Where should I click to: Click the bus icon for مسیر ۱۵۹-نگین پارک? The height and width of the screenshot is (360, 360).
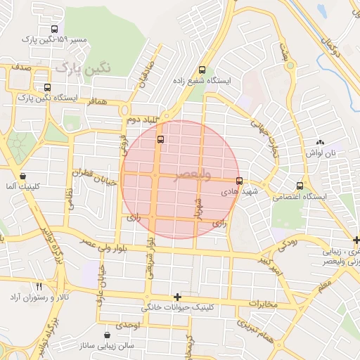point(55,30)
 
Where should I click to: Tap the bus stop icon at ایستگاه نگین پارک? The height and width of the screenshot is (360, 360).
point(47,88)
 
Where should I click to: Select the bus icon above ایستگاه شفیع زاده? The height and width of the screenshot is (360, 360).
point(202,70)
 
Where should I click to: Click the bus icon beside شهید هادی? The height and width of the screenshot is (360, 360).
point(240,180)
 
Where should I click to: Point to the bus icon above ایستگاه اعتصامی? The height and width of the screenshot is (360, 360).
point(300,186)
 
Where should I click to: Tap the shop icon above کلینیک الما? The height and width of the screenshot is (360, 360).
point(23,176)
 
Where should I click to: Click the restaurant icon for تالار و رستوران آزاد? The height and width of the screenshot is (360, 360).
point(39,286)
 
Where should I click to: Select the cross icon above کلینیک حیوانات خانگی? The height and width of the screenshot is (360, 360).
point(177,297)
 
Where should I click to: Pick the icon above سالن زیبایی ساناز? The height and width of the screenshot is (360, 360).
point(106,335)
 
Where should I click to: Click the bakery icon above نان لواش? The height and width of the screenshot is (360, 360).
point(320,142)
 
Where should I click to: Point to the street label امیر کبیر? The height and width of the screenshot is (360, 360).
point(267,266)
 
